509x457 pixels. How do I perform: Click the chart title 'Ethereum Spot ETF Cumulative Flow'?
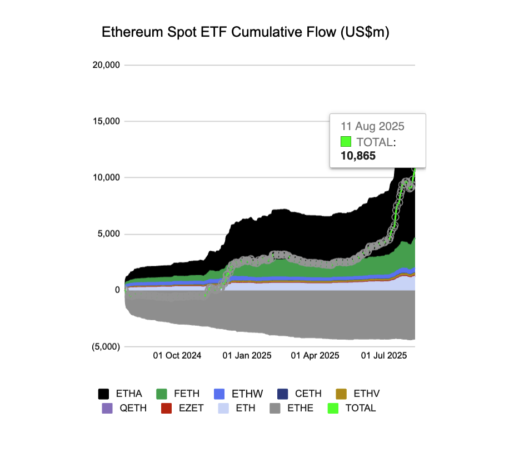coord(246,33)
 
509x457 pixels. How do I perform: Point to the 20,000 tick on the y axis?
coord(106,65)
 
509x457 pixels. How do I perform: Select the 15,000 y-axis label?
coord(106,121)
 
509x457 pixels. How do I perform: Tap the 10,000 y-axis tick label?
coord(106,178)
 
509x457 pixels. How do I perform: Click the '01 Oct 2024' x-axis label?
coord(177,355)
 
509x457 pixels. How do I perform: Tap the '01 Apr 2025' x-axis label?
coord(315,355)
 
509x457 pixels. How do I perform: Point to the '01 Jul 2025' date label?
coord(384,355)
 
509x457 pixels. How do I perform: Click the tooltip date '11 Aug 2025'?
coord(373,126)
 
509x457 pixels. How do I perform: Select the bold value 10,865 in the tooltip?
coord(358,156)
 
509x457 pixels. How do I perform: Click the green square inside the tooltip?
coord(346,142)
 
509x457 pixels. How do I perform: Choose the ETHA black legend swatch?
coord(104,394)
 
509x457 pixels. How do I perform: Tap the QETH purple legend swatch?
coord(107,408)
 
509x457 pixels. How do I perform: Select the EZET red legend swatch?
coord(166,408)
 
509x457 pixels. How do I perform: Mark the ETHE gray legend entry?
coord(291,408)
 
